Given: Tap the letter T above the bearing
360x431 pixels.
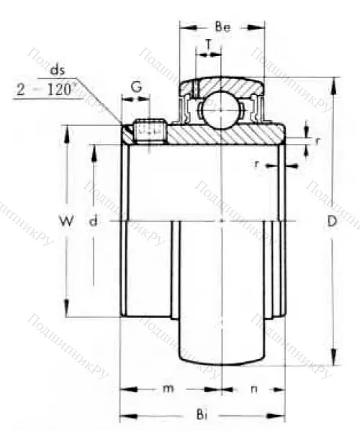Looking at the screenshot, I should point(209,44).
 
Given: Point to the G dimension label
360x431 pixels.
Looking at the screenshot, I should point(136,88).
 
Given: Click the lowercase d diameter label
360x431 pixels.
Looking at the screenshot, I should point(92,222).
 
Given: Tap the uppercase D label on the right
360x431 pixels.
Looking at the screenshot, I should point(332,222).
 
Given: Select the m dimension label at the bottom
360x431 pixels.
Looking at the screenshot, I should point(168,389).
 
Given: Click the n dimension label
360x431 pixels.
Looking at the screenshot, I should point(253,389).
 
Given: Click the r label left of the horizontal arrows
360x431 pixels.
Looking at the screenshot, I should point(257,164).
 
